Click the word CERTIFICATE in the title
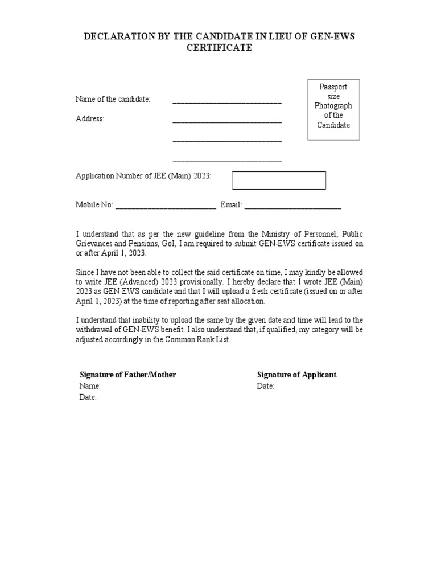219,48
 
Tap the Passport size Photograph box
333,109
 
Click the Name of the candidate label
113,100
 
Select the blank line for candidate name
227,101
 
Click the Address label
90,119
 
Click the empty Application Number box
279,180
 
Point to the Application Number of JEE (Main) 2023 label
143,176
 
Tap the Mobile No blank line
166,206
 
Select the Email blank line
292,206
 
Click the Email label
231,205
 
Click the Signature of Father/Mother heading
127,375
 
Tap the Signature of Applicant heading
296,375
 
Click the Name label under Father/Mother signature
90,386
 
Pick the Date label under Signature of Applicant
266,386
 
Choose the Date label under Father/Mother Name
88,397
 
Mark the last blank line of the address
227,159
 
